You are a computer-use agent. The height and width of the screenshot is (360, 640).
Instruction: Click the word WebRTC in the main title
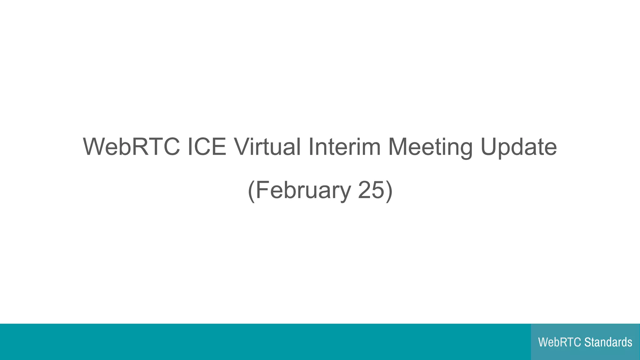click(131, 147)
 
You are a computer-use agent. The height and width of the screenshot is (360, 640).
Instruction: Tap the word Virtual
click(267, 147)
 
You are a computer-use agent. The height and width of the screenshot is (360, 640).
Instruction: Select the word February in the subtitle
click(303, 190)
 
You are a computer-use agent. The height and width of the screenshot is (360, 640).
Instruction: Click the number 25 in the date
click(371, 190)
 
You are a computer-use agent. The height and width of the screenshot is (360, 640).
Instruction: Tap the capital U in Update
click(489, 147)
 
